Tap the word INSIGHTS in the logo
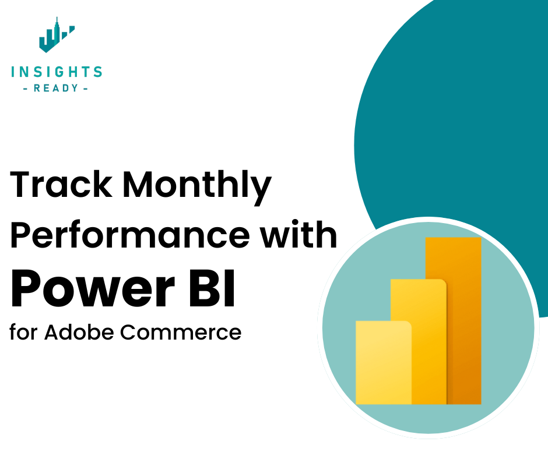57,72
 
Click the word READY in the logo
57,89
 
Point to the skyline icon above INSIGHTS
56,37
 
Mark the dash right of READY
86,89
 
